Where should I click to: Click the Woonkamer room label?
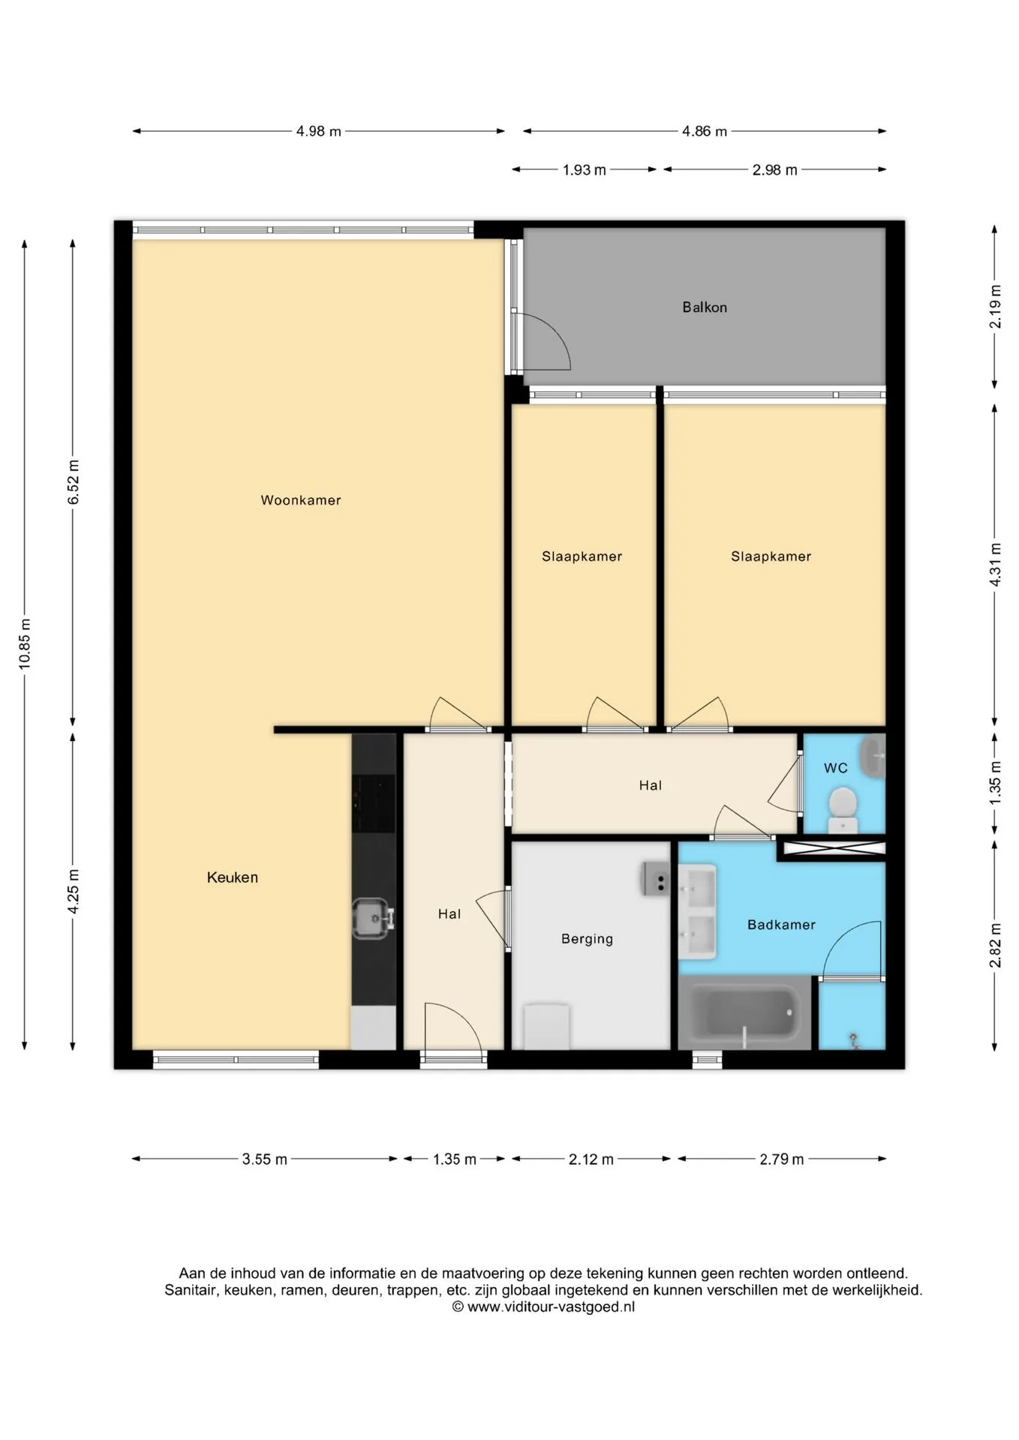coord(301,500)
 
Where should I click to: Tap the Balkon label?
coord(705,307)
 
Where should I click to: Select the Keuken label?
coord(233,877)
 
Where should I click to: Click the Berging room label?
coord(587,939)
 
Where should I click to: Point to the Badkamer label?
coord(781,925)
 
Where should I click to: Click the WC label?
coord(836,768)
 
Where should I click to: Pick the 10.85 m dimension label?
coord(26,643)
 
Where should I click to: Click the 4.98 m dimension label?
coord(319,131)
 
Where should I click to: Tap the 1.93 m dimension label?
coord(585,170)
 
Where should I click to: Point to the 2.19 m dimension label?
coord(995,306)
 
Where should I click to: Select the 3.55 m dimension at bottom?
coord(265,1159)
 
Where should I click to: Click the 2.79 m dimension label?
coord(782,1159)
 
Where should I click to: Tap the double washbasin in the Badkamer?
coord(698,912)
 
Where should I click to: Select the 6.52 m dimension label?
coord(74,483)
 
